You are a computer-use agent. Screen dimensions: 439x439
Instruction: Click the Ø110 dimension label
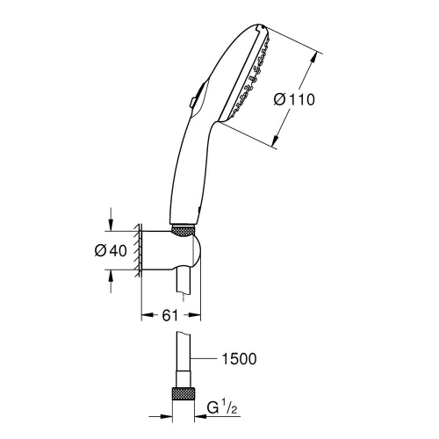(294, 99)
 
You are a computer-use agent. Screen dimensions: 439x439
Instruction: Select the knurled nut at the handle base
(184, 230)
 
